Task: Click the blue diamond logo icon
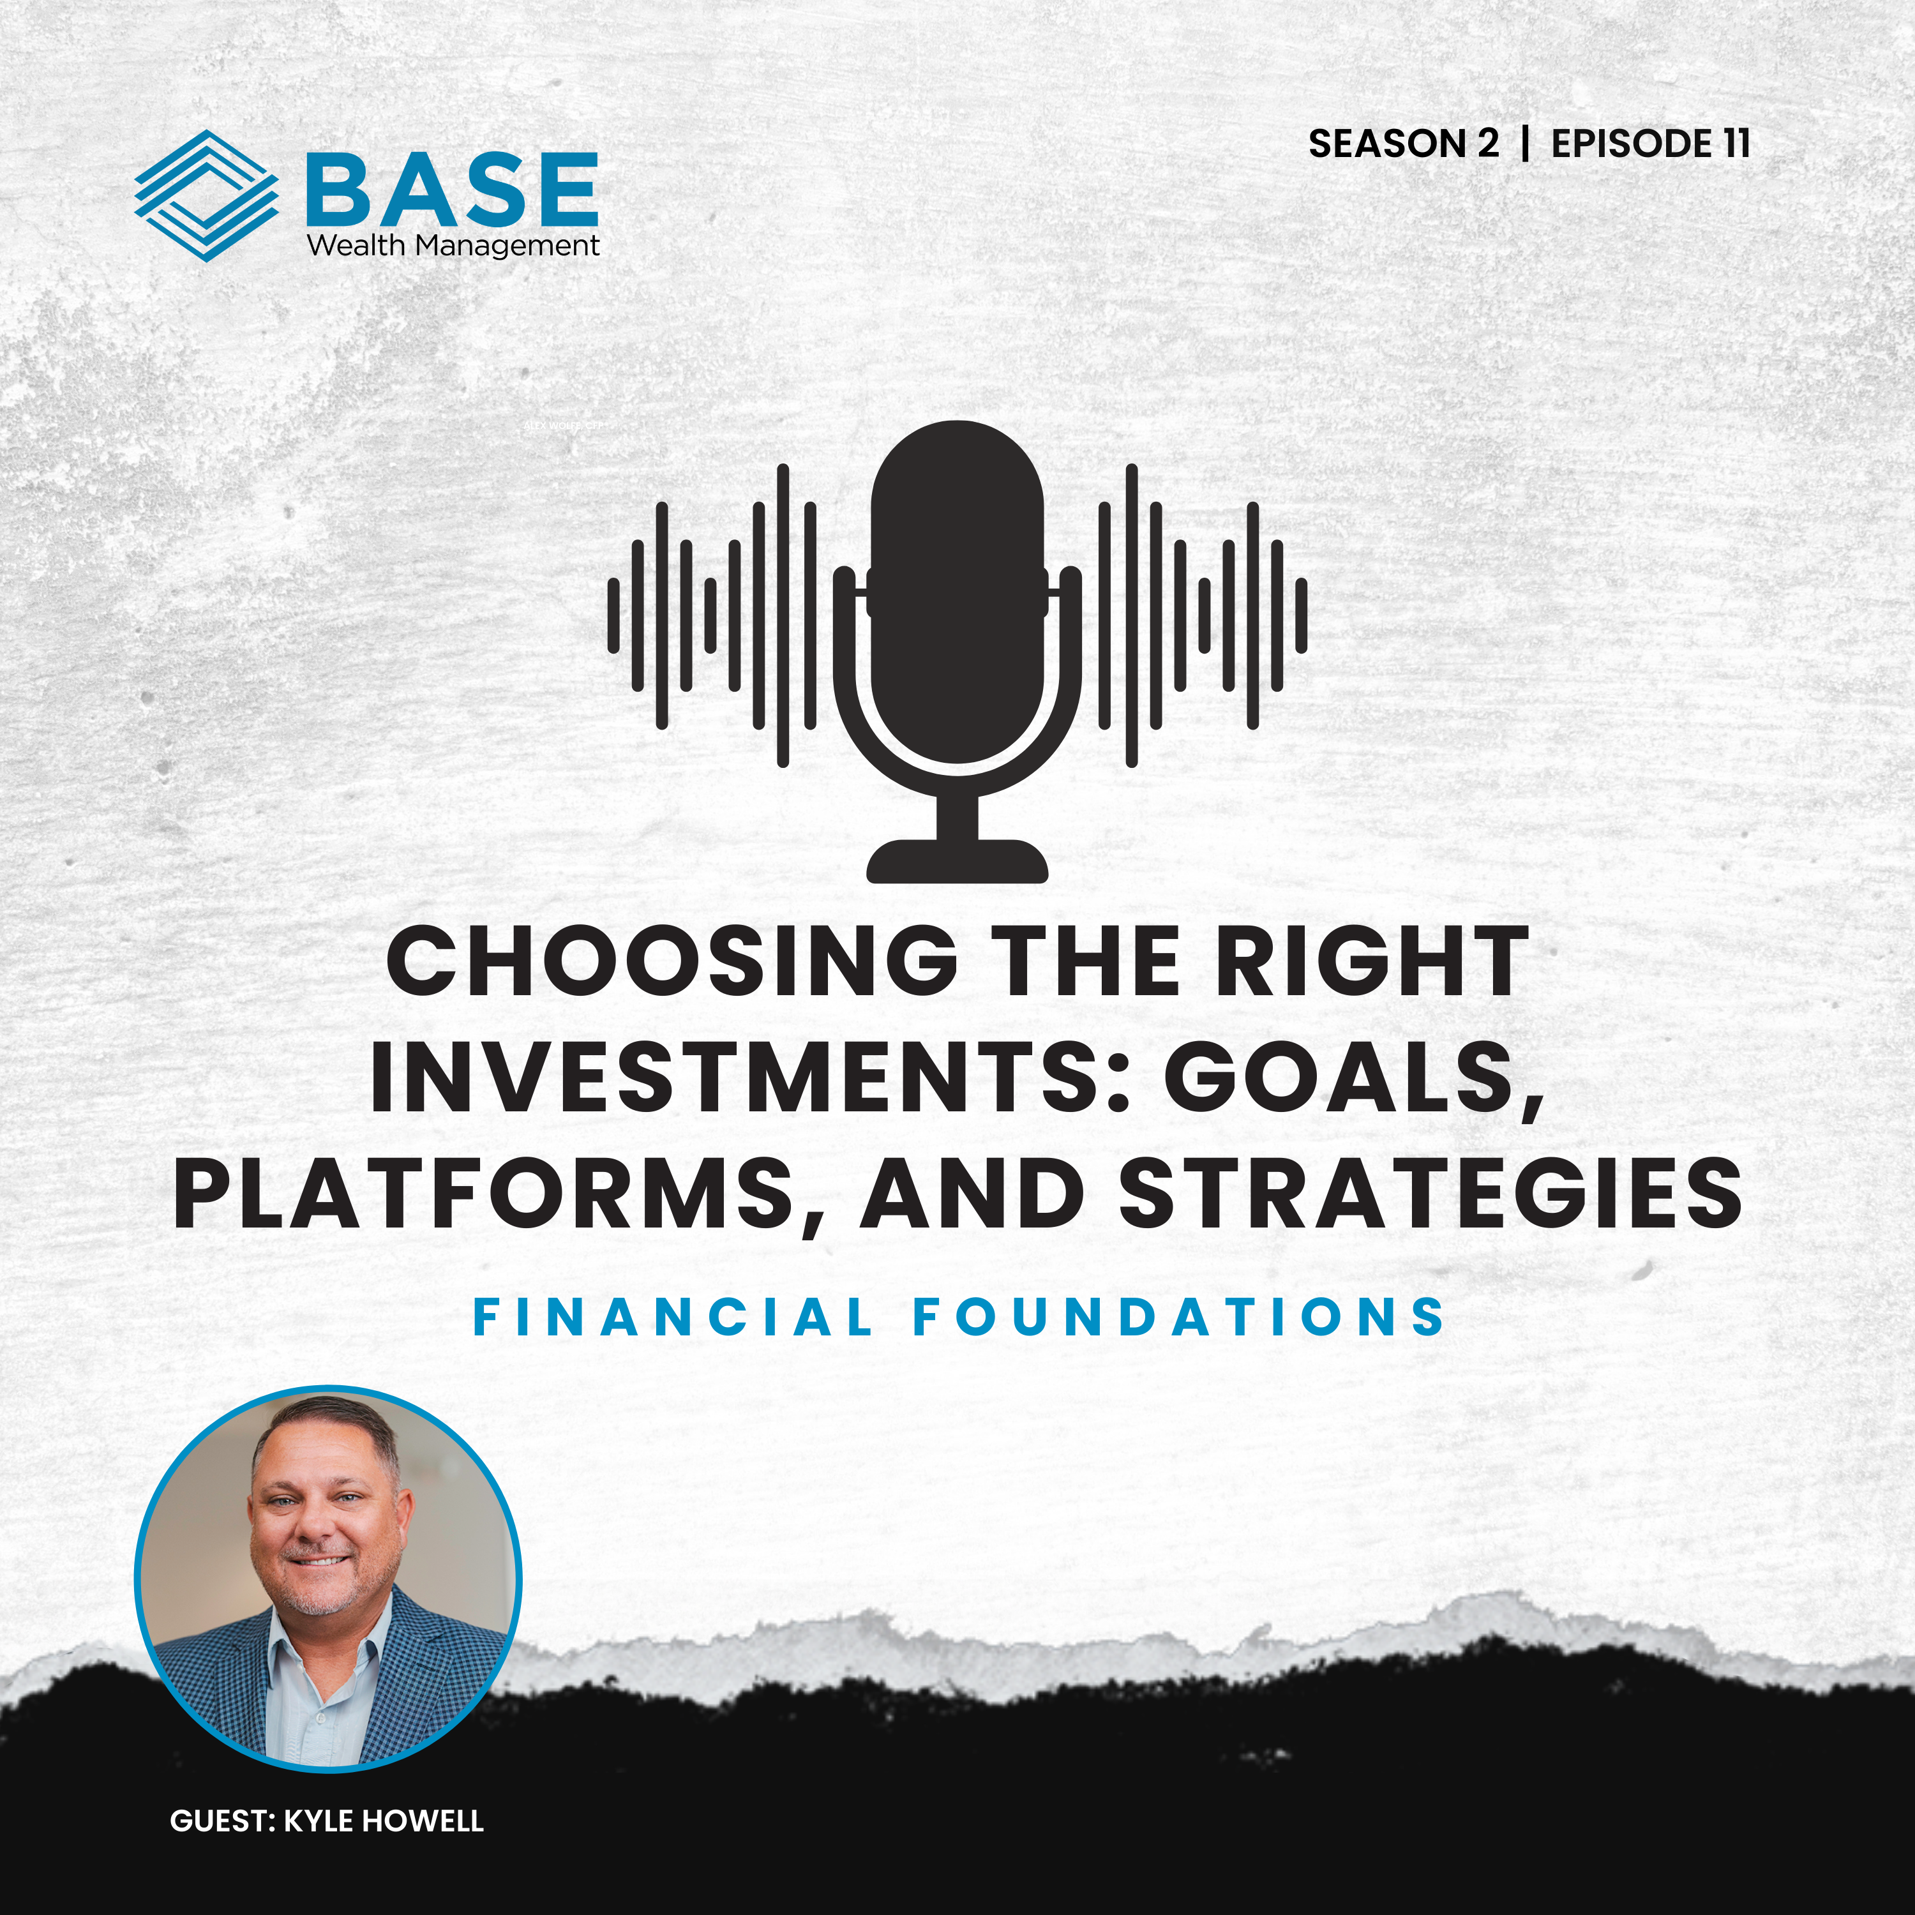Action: (206, 195)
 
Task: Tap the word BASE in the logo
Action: (452, 188)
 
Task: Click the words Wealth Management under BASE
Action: (453, 246)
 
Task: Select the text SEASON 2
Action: (1404, 144)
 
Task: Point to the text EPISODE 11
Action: (1650, 144)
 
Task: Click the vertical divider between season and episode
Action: (1526, 144)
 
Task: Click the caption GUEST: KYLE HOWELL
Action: (327, 1821)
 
